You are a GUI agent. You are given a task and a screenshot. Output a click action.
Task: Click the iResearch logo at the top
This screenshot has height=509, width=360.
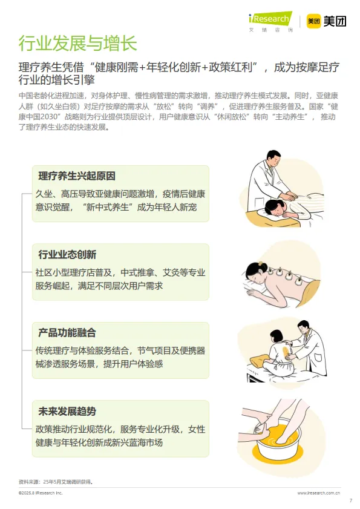point(270,20)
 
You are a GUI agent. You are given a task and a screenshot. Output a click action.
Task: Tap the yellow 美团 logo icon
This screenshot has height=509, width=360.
point(313,21)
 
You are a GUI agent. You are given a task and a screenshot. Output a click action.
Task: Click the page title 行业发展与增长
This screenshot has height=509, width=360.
point(77,43)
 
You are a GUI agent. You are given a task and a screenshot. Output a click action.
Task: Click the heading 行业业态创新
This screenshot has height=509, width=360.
point(67,254)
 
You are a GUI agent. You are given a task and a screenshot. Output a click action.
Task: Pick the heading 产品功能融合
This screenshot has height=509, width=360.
point(67,333)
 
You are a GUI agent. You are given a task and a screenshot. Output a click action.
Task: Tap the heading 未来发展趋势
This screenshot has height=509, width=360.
point(67,412)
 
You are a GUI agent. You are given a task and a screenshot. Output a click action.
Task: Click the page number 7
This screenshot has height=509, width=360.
point(350,501)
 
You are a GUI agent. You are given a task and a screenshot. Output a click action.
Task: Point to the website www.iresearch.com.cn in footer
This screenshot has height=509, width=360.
point(319,493)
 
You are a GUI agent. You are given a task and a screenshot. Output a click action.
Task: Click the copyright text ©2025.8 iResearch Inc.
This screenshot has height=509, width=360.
point(41,493)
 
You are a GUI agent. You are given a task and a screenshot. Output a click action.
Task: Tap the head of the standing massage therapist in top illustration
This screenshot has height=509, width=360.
point(272,160)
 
